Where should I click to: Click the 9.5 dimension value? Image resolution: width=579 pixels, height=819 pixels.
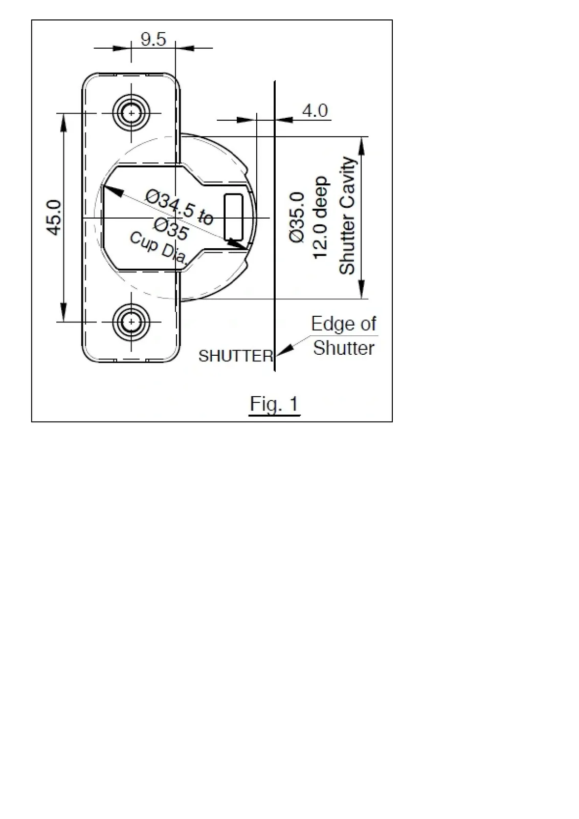pyautogui.click(x=153, y=39)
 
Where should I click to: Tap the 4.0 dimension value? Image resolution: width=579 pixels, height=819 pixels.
pyautogui.click(x=315, y=111)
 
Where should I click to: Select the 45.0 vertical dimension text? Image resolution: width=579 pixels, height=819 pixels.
pyautogui.click(x=54, y=218)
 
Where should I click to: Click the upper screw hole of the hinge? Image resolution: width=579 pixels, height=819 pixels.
pyautogui.click(x=131, y=113)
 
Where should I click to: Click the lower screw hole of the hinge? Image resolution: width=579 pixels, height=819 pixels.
pyautogui.click(x=131, y=322)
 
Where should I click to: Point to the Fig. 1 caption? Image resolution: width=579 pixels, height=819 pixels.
pyautogui.click(x=274, y=404)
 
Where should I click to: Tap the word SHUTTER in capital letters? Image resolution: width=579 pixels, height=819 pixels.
pyautogui.click(x=236, y=356)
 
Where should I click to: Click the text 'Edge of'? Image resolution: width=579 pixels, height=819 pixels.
pyautogui.click(x=343, y=324)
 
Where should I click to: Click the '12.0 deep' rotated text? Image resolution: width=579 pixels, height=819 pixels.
pyautogui.click(x=320, y=218)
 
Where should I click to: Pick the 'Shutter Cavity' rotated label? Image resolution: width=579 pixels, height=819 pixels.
pyautogui.click(x=347, y=215)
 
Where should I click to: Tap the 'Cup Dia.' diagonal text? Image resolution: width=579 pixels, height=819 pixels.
pyautogui.click(x=159, y=249)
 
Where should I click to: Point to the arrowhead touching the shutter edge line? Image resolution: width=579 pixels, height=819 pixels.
pyautogui.click(x=285, y=349)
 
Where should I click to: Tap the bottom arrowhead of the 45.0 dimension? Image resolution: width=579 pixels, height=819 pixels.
pyautogui.click(x=63, y=313)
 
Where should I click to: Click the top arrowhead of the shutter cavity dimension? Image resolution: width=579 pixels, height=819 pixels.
pyautogui.click(x=362, y=146)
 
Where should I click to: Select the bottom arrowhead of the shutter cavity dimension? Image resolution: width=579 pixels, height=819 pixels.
pyautogui.click(x=362, y=290)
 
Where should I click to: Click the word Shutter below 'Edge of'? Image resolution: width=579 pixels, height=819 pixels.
pyautogui.click(x=344, y=348)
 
